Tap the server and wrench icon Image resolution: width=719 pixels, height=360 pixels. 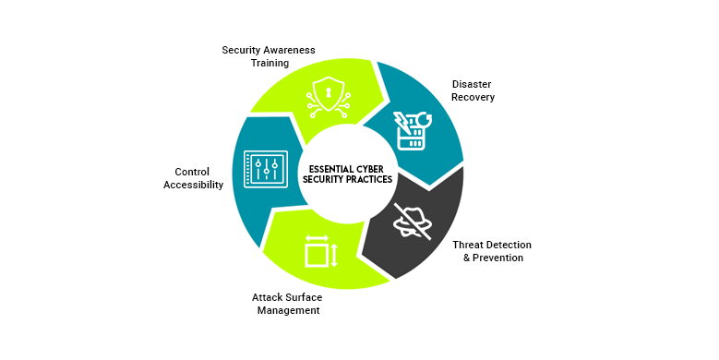coord(409,130)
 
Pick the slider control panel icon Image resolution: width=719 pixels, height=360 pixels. coord(266,171)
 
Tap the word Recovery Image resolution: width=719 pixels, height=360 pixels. coord(473,97)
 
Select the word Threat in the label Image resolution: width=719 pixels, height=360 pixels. coord(470,245)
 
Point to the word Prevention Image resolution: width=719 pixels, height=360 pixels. coord(499,258)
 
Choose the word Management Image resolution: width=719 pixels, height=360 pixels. coord(288,310)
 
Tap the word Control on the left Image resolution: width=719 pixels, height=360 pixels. coord(193,172)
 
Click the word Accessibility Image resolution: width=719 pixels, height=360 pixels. coord(193,185)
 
